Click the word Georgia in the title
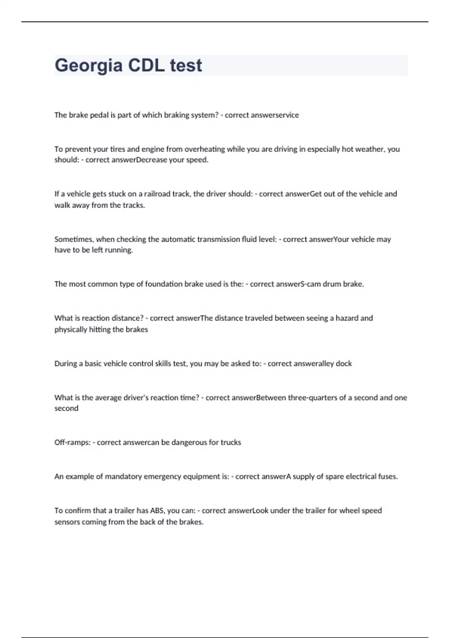pos(88,66)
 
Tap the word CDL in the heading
pos(146,65)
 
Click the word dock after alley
pos(344,364)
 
